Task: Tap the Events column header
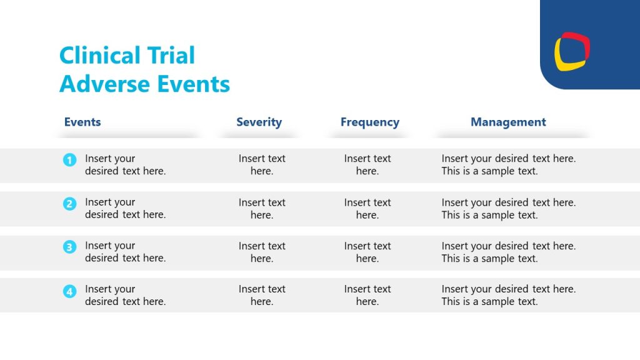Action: (x=82, y=122)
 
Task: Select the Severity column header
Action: (x=259, y=122)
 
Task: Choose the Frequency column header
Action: (x=369, y=122)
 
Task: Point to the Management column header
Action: (x=508, y=122)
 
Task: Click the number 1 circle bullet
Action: (x=69, y=160)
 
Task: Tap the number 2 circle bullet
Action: (x=69, y=204)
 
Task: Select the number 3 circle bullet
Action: (x=69, y=247)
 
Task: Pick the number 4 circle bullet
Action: (x=69, y=291)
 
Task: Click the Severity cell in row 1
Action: (x=262, y=165)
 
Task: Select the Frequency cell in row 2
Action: (x=367, y=209)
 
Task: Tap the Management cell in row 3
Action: (x=508, y=252)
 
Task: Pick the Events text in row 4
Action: (x=125, y=295)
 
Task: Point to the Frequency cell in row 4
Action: (x=367, y=295)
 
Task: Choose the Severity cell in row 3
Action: (x=262, y=252)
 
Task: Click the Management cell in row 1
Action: (x=508, y=165)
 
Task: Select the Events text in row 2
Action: (x=125, y=208)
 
